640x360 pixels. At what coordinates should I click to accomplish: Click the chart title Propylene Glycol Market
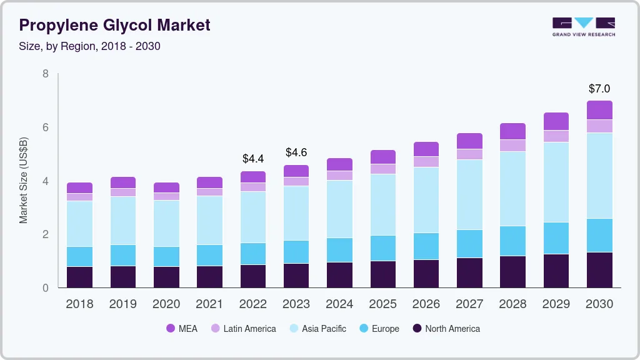tap(114, 25)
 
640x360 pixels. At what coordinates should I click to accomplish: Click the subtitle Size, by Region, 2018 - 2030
tap(90, 46)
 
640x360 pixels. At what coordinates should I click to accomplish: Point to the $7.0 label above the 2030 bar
tap(599, 89)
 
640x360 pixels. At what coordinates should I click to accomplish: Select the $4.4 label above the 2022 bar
tap(253, 159)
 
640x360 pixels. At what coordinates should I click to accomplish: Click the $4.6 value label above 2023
tap(296, 152)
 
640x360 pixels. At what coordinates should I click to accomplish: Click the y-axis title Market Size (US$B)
tap(24, 181)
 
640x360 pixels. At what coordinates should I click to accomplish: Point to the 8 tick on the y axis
tap(45, 74)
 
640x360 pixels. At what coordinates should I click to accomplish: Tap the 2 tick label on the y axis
tap(45, 234)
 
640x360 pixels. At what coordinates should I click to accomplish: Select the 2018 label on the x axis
tap(79, 304)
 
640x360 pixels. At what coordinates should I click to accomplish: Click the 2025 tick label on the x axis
tap(382, 304)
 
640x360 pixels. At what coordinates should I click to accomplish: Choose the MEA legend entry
tap(181, 328)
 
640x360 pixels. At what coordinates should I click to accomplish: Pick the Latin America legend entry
tap(242, 328)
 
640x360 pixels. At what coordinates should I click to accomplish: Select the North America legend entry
tap(446, 328)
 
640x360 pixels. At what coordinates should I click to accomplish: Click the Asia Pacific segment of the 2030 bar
tap(599, 176)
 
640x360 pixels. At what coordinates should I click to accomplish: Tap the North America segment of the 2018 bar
tap(79, 277)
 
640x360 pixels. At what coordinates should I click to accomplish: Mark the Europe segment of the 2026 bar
tap(426, 246)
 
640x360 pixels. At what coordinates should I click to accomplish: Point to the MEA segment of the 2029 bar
tap(556, 121)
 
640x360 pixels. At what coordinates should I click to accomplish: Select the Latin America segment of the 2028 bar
tap(512, 146)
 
